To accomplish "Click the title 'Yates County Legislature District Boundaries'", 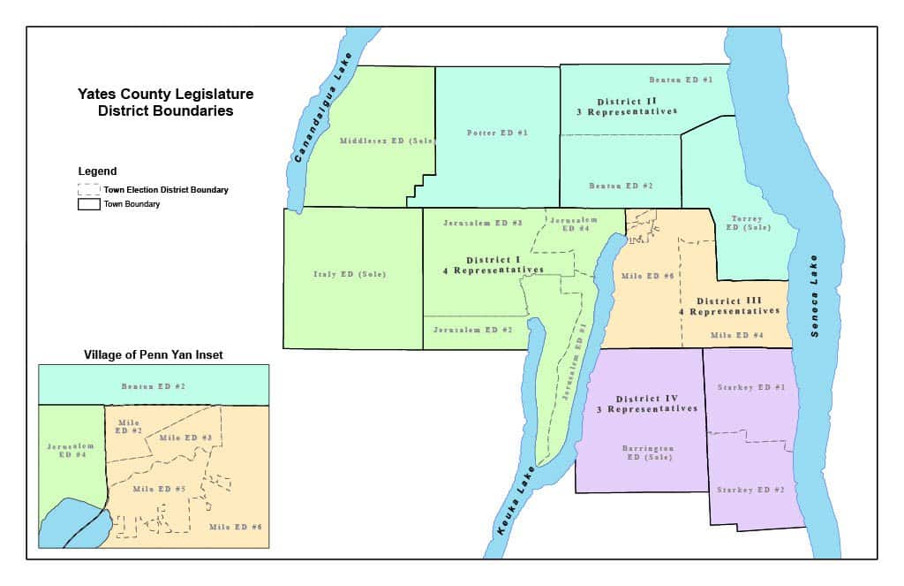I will pyautogui.click(x=154, y=103).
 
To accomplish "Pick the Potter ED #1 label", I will pyautogui.click(x=496, y=133).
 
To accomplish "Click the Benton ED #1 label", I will pyautogui.click(x=681, y=79).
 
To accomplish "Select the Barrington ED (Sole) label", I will pyautogui.click(x=645, y=453).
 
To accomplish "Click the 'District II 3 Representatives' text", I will pyautogui.click(x=637, y=107).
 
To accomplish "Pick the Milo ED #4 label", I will pyautogui.click(x=737, y=336).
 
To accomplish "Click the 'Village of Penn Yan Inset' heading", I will pyautogui.click(x=154, y=354).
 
